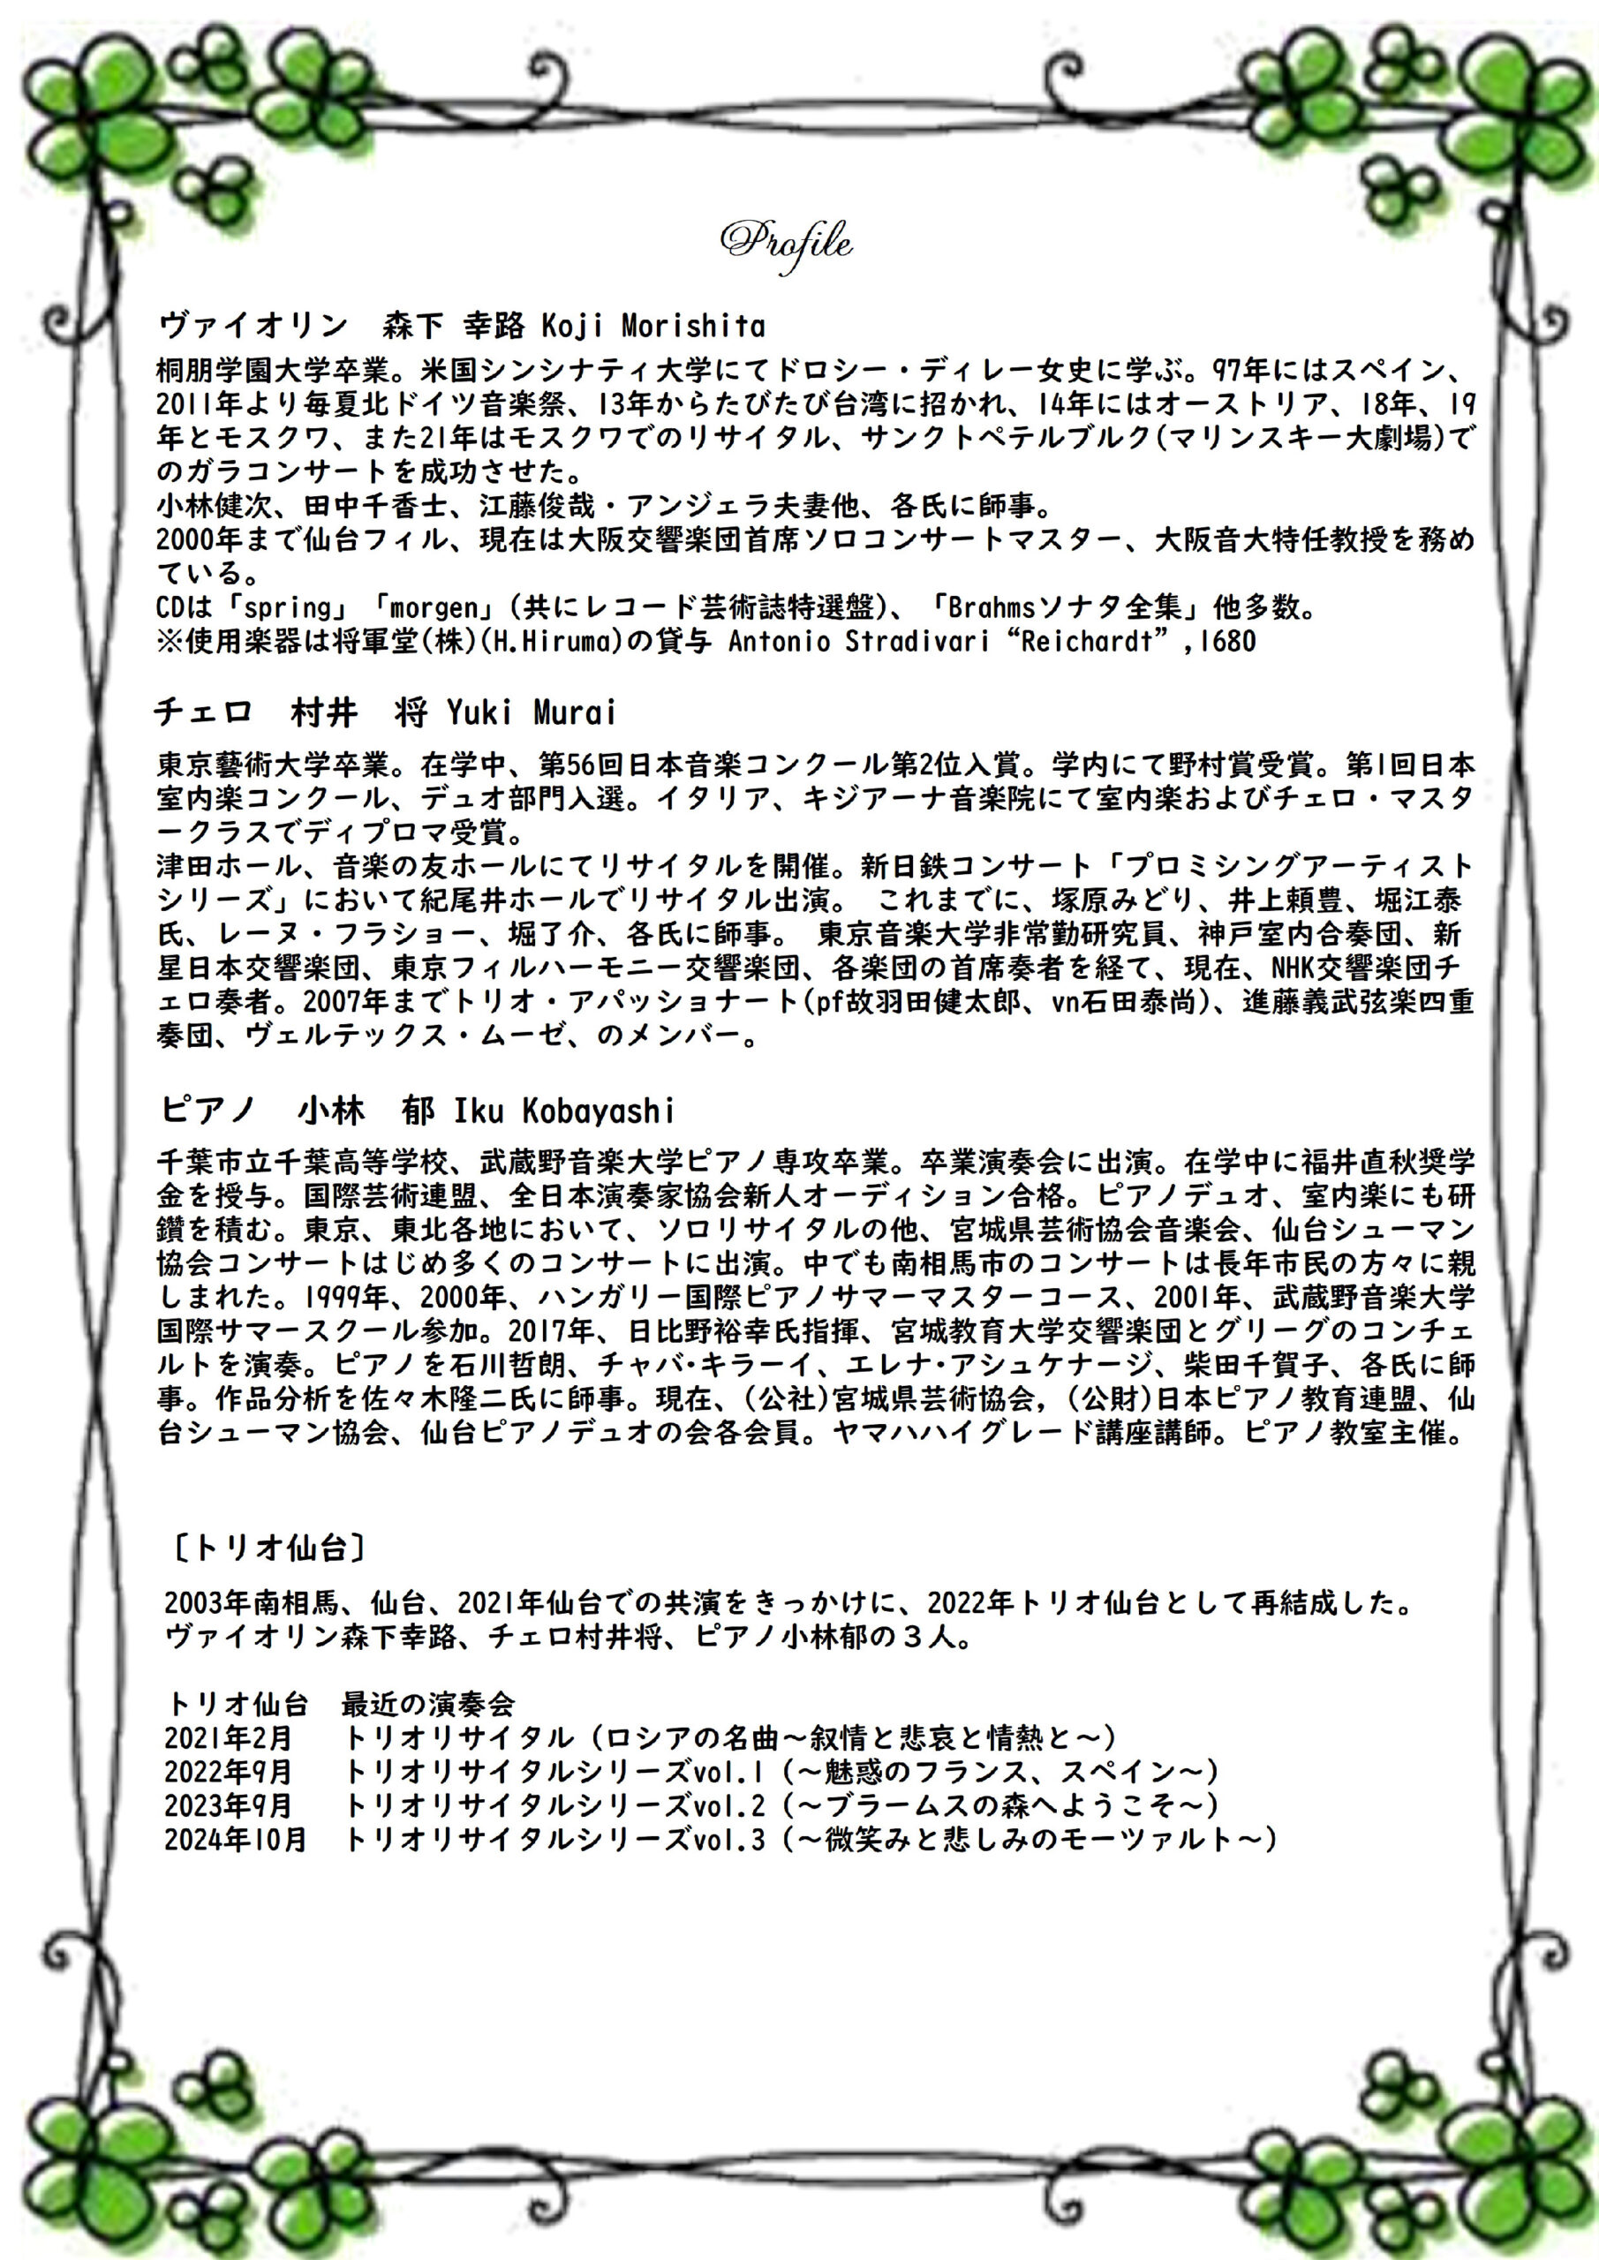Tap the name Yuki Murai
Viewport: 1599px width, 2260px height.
tap(531, 712)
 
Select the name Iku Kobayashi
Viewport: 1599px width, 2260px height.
tap(563, 1111)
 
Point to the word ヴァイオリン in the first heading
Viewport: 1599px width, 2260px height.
tap(253, 326)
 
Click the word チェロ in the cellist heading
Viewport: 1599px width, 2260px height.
tap(203, 712)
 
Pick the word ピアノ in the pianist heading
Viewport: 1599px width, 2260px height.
tap(207, 1111)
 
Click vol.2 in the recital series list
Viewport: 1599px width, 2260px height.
tap(728, 1804)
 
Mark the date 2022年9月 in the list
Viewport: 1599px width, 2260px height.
tap(229, 1771)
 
